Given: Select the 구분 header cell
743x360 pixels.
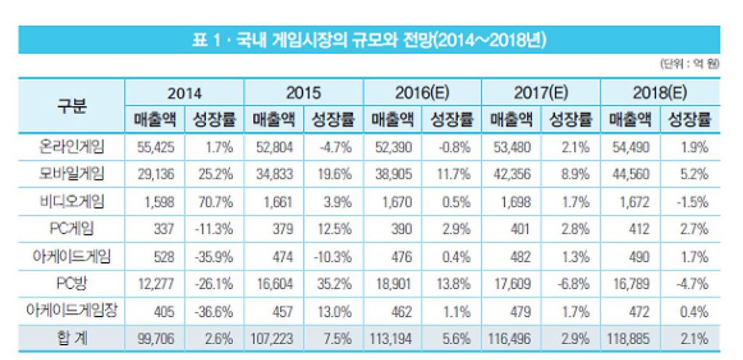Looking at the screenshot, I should [x=71, y=106].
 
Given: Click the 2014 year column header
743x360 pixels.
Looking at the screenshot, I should [x=184, y=93].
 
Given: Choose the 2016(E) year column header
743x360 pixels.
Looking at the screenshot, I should [x=422, y=93].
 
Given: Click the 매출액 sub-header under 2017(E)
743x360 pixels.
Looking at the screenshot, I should [x=511, y=119].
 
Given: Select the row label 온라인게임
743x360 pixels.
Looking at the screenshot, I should [x=71, y=147].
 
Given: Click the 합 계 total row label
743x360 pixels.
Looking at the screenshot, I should [x=71, y=337].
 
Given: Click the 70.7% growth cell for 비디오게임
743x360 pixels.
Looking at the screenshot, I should [x=215, y=202].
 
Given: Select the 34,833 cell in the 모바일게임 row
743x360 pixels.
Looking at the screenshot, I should [x=274, y=174].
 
